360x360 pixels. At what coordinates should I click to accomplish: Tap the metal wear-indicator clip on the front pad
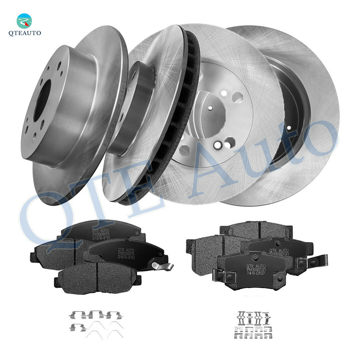coord(162,267)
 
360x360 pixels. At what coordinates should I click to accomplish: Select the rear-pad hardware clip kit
coord(254,323)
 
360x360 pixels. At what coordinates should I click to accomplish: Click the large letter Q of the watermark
coord(43,216)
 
